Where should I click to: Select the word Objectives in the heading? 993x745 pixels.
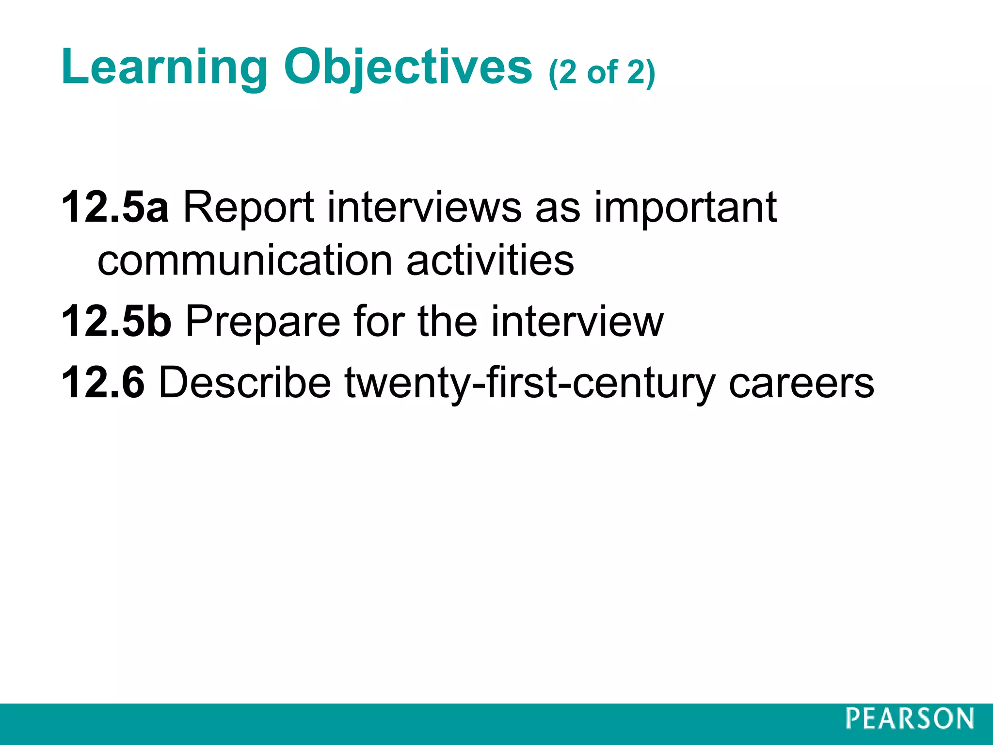(408, 68)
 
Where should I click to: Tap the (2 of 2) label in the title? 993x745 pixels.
(602, 73)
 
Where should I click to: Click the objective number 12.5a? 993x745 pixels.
(115, 208)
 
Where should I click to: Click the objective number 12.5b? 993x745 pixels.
(116, 321)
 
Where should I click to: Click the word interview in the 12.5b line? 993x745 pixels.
(577, 321)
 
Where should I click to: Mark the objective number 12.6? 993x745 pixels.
(103, 383)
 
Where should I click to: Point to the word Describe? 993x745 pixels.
(245, 383)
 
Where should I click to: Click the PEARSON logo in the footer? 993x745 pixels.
(910, 719)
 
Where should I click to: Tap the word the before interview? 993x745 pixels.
(447, 321)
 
